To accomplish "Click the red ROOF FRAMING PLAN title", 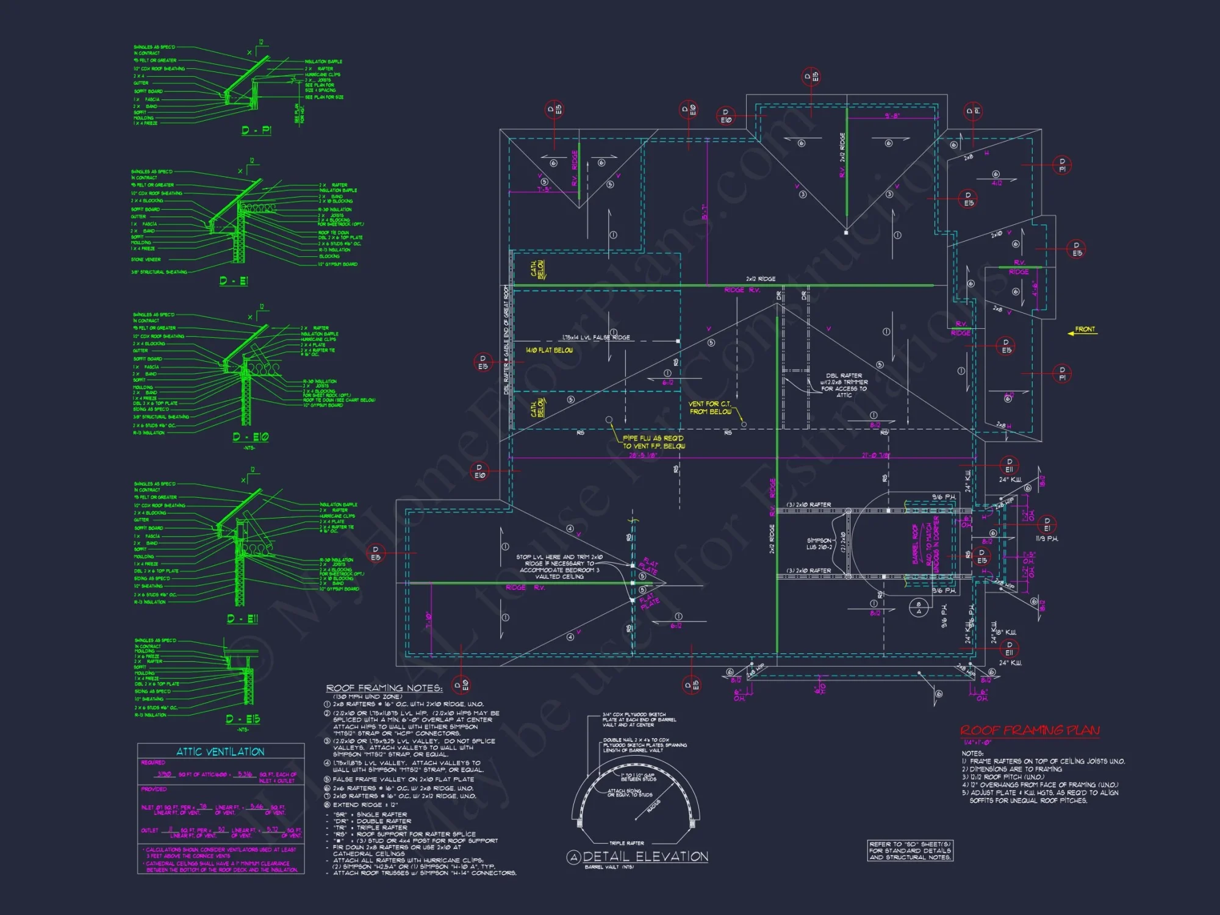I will (x=1030, y=730).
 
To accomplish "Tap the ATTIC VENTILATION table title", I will (x=220, y=752).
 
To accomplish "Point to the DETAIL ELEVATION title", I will (x=645, y=856).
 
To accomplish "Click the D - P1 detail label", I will (x=256, y=130).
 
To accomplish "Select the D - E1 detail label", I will (x=234, y=281).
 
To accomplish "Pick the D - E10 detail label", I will (x=250, y=437).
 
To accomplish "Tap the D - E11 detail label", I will (x=242, y=619).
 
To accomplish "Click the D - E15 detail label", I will (x=243, y=719).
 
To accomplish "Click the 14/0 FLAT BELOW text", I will (x=549, y=350).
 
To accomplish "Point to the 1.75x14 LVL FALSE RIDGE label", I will (x=596, y=337).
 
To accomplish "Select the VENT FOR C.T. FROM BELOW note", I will (x=710, y=407).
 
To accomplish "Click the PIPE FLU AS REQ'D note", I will (x=653, y=442).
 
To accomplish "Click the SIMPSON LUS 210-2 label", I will (x=819, y=544).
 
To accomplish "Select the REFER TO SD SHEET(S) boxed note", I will (x=910, y=850).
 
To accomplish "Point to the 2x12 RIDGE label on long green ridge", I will (x=761, y=279).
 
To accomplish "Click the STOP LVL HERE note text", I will (x=559, y=567).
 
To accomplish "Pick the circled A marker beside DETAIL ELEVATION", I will (x=573, y=858).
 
